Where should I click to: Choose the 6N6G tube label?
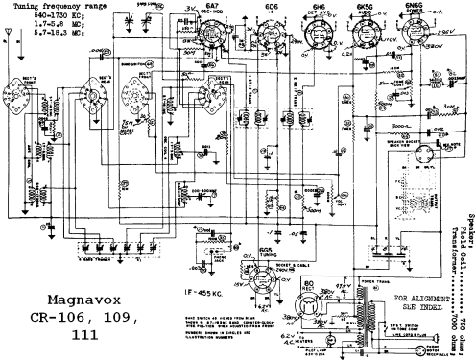[409, 9]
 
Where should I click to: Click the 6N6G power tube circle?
[412, 34]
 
